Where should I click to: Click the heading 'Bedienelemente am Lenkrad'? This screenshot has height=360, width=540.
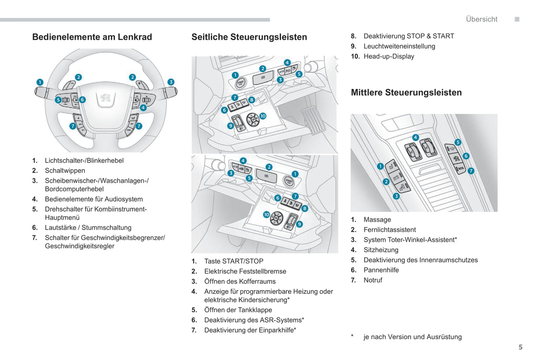click(92, 37)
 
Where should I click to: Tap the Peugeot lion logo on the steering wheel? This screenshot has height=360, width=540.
click(106, 98)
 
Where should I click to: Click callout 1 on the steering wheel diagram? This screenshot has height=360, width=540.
click(40, 82)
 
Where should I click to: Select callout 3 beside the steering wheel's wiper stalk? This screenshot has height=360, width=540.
click(171, 82)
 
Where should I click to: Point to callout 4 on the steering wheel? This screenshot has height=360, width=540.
click(143, 108)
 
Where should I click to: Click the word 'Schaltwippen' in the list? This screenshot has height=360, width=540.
click(65, 171)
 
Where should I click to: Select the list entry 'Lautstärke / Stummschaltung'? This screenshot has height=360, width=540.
click(88, 228)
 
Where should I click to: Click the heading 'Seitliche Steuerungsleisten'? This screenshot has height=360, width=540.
click(249, 37)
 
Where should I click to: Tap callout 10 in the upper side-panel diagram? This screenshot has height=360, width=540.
click(263, 116)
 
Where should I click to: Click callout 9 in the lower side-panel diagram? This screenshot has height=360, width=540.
click(299, 224)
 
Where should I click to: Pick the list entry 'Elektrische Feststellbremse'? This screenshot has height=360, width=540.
click(245, 271)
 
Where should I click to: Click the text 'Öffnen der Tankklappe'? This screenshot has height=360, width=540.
click(238, 310)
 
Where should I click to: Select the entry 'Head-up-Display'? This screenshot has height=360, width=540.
click(389, 56)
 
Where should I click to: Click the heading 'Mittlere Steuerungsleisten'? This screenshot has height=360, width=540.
click(406, 93)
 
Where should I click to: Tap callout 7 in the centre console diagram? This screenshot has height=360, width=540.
click(471, 171)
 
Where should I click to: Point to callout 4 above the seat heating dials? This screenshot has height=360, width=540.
click(415, 137)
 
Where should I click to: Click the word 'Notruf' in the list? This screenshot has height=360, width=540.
click(373, 280)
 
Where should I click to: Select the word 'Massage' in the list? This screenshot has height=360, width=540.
click(377, 220)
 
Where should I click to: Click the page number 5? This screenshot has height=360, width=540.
click(521, 347)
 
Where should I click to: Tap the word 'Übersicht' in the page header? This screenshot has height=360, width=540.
click(481, 19)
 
